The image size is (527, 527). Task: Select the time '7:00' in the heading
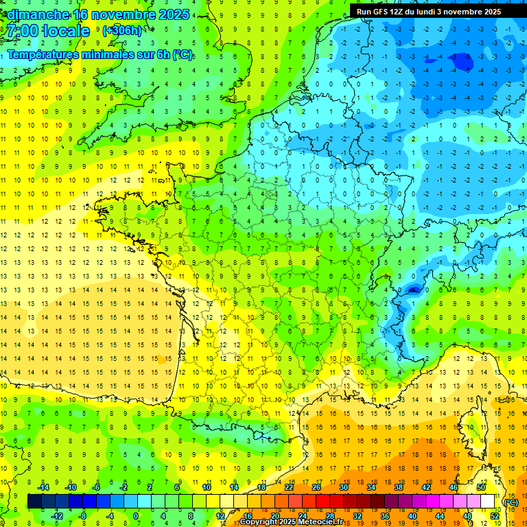(21, 31)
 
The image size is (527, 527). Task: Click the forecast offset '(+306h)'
(122, 31)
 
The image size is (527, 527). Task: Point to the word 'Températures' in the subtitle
(42, 54)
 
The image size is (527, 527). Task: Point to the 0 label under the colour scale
(136, 516)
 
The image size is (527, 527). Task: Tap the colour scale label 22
(289, 487)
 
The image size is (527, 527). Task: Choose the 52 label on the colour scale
(495, 516)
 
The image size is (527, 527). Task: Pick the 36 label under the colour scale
(384, 516)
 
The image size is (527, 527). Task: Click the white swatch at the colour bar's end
(488, 502)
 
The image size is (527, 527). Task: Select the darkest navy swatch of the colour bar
(34, 502)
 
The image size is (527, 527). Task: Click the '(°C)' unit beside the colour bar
(511, 502)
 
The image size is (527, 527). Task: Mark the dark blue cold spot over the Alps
(412, 290)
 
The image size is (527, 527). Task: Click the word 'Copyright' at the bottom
(259, 522)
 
